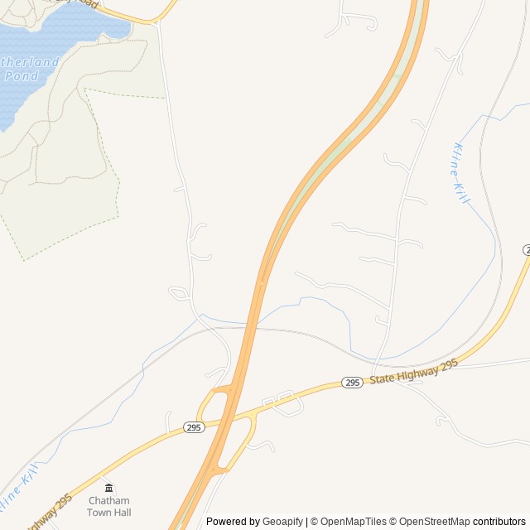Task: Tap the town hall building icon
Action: pyautogui.click(x=109, y=488)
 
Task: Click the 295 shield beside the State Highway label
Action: pyautogui.click(x=352, y=383)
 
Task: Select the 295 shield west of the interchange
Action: pyautogui.click(x=194, y=427)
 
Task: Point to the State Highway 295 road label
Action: pyautogui.click(x=413, y=370)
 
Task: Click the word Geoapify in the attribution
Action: pyautogui.click(x=283, y=522)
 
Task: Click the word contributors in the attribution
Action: pyautogui.click(x=499, y=522)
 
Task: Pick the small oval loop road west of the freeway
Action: pyautogui.click(x=179, y=292)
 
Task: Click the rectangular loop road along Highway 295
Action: pyautogui.click(x=282, y=401)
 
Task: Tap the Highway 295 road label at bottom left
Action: pyautogui.click(x=50, y=512)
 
